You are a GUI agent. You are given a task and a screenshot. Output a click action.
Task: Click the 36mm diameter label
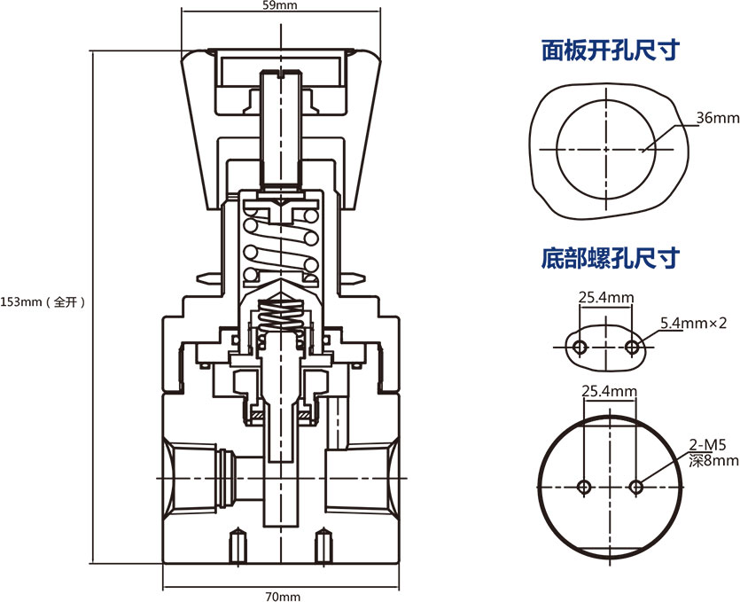pyautogui.click(x=717, y=118)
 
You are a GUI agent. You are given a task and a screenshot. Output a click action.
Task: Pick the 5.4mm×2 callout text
pyautogui.click(x=699, y=323)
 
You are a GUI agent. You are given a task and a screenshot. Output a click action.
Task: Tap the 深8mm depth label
pyautogui.click(x=714, y=461)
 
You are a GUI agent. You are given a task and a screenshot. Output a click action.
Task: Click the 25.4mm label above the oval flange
pyautogui.click(x=606, y=296)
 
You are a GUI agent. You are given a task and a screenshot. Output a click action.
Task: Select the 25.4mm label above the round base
pyautogui.click(x=609, y=391)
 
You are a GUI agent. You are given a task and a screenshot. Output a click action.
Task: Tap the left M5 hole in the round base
pyautogui.click(x=584, y=486)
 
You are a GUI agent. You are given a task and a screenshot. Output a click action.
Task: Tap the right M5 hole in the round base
pyautogui.click(x=635, y=486)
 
